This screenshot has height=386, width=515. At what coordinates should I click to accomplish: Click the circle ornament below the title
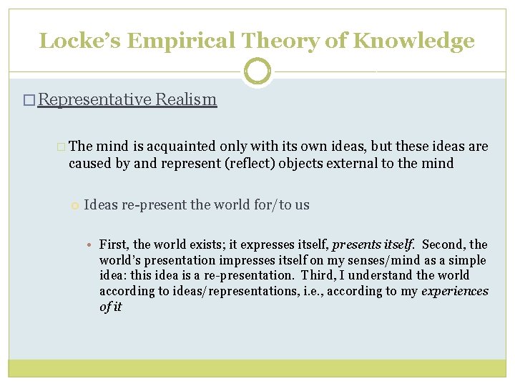pyautogui.click(x=257, y=71)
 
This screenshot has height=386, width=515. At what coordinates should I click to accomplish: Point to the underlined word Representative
pyautogui.click(x=94, y=99)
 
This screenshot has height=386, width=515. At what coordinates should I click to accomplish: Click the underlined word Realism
pyautogui.click(x=186, y=99)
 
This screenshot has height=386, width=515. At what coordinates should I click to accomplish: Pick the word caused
pyautogui.click(x=88, y=163)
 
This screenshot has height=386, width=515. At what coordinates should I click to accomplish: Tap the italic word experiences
pyautogui.click(x=455, y=291)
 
